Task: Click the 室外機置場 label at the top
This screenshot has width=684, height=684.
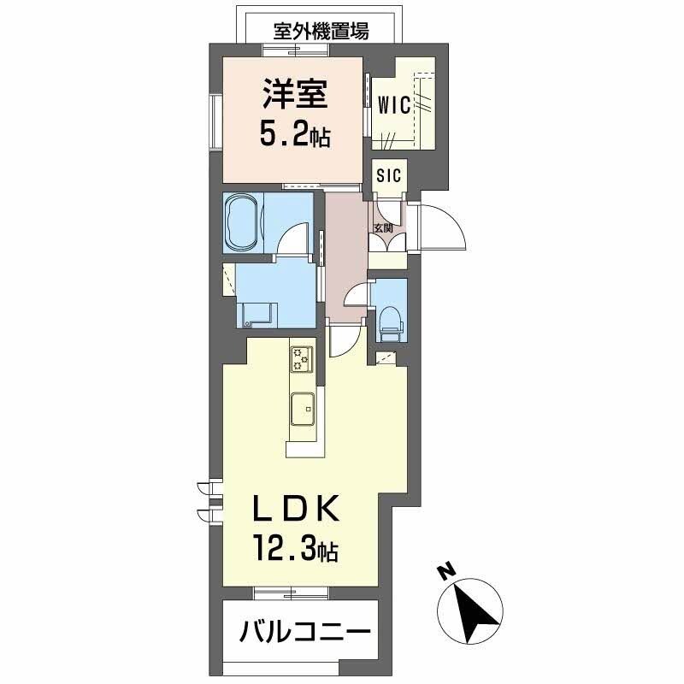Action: coord(321,32)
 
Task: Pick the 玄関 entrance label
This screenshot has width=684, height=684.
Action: coord(382,227)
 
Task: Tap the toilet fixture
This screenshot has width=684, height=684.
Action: coord(390,317)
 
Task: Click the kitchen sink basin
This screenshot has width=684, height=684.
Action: coord(304,407)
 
